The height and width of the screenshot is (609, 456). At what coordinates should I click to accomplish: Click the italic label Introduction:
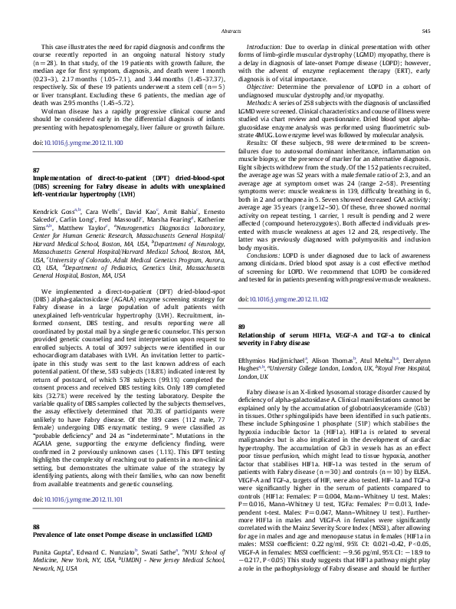pyautogui.click(x=267, y=48)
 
